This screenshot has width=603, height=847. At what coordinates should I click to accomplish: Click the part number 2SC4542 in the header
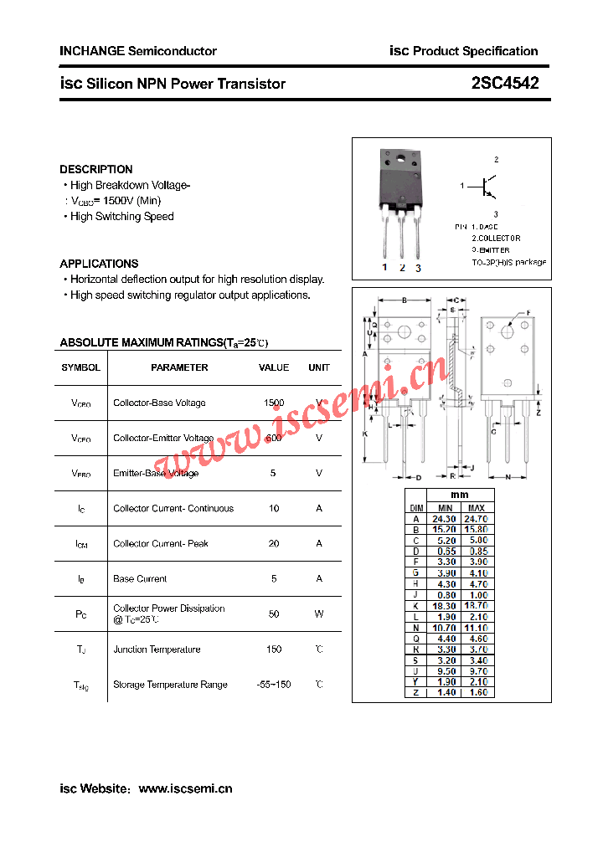pos(504,83)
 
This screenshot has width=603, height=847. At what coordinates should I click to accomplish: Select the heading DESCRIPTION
pos(96,169)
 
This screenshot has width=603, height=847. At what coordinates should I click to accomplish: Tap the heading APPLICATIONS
pos(99,264)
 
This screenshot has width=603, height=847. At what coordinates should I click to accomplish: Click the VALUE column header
pos(274,367)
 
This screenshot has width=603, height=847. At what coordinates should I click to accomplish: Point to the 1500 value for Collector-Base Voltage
pos(274,403)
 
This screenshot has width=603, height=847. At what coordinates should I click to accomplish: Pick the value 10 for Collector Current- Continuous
pos(274,508)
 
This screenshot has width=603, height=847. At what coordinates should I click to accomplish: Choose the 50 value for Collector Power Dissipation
pos(274,613)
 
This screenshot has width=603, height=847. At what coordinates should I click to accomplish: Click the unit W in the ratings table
pos(319,613)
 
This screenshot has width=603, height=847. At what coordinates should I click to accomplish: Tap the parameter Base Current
pos(140,578)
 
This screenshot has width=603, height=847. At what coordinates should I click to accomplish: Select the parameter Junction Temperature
pos(157,649)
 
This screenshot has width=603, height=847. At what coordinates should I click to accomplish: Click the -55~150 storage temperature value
pos(274,685)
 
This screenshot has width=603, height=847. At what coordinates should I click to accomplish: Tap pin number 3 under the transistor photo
pos(418,268)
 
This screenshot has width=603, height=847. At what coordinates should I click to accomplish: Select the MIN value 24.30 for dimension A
pos(446,519)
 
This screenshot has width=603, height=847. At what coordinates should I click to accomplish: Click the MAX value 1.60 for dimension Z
pos(477,692)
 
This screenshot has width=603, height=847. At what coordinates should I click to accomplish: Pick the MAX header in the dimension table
pos(477,508)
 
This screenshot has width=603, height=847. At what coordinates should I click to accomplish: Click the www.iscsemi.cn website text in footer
pos(185,788)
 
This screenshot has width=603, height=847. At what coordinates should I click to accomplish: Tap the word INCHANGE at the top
pos(91,51)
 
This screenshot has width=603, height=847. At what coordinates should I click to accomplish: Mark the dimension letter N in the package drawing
pos(508,477)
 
